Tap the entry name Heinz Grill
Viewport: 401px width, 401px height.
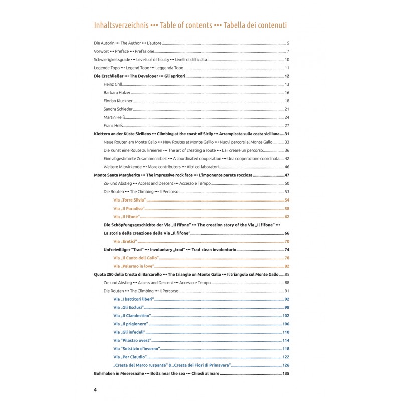coord(113,84)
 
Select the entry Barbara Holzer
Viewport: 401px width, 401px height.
coord(116,92)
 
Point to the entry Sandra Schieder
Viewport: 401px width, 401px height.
coord(117,109)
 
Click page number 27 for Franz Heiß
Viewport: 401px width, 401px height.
coord(287,125)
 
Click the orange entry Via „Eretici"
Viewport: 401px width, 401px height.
coord(126,242)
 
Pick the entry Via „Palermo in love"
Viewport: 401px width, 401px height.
coord(133,266)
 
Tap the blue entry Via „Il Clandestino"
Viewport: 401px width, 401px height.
coord(132,316)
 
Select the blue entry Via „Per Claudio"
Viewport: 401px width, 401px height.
coord(130,357)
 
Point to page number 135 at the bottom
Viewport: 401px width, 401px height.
coord(286,373)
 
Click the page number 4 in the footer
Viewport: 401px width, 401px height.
coord(95,389)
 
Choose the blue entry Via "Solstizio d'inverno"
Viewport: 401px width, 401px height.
coord(138,349)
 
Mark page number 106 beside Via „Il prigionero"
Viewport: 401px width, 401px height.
coord(286,324)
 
